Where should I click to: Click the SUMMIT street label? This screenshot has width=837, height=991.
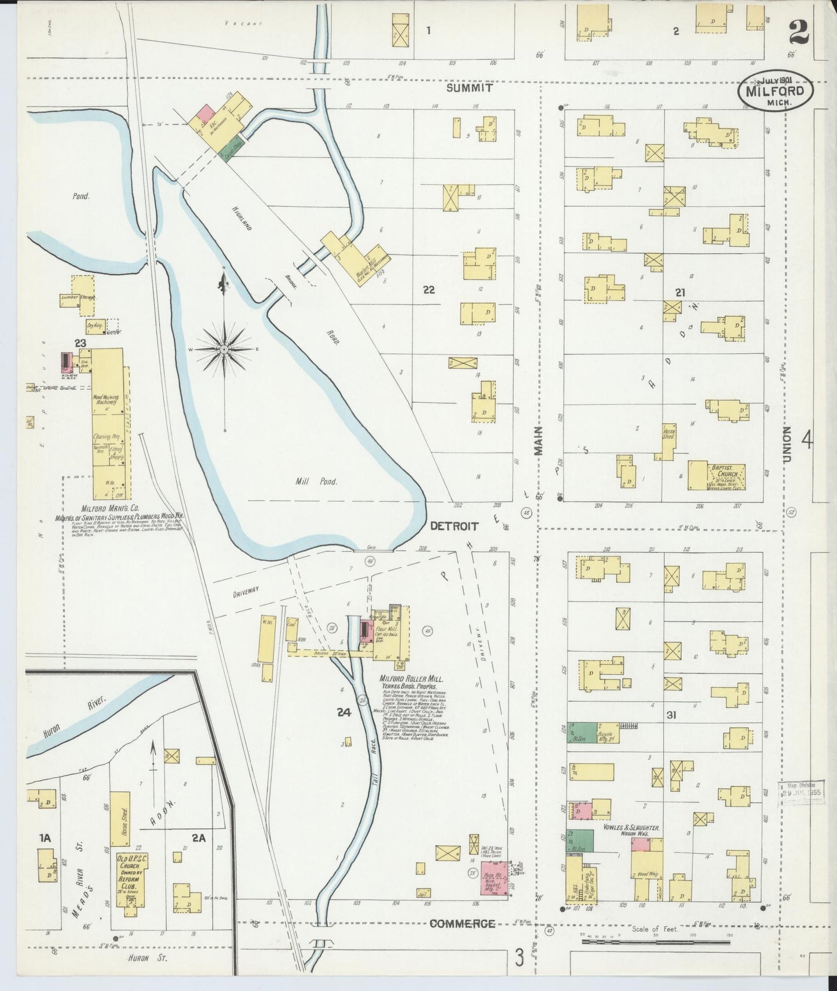469,88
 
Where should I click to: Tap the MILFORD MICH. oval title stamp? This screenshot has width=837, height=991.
775,92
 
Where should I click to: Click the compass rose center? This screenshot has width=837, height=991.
224,349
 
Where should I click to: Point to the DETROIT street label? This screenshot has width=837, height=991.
454,526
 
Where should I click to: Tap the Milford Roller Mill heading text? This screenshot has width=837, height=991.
411,679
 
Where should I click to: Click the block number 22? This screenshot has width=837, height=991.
429,290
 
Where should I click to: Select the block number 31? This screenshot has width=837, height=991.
671,715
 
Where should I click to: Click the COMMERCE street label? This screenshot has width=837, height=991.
462,924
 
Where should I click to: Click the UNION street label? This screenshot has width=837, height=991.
787,445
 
